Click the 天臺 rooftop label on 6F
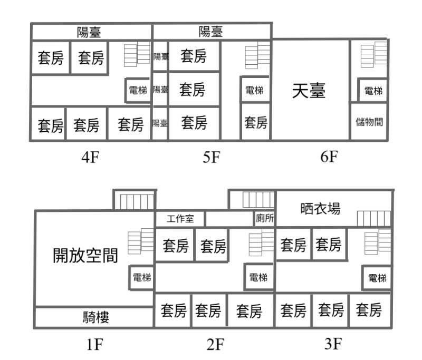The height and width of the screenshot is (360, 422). pyautogui.click(x=309, y=91)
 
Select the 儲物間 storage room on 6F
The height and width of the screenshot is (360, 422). pyautogui.click(x=369, y=122)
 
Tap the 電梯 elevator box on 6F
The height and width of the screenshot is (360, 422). pyautogui.click(x=373, y=91)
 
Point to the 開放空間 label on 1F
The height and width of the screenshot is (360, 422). pyautogui.click(x=85, y=255)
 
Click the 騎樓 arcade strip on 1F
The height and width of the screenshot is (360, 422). pyautogui.click(x=94, y=317)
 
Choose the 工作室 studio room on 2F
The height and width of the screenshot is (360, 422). pyautogui.click(x=180, y=219)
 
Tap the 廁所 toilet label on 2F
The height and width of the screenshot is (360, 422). pyautogui.click(x=265, y=218)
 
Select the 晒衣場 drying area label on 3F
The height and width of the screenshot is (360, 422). pyautogui.click(x=320, y=209)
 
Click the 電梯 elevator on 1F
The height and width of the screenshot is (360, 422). pyautogui.click(x=142, y=277)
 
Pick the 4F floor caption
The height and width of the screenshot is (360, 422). pyautogui.click(x=90, y=157)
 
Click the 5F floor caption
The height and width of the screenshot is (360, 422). pyautogui.click(x=212, y=157)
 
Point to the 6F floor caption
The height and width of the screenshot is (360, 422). pyautogui.click(x=329, y=156)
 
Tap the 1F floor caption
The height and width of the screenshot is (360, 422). pyautogui.click(x=95, y=344)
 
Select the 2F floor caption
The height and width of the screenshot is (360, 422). pyautogui.click(x=215, y=344)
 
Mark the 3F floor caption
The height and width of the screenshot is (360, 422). pyautogui.click(x=333, y=343)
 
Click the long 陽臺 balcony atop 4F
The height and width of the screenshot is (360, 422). pyautogui.click(x=91, y=32)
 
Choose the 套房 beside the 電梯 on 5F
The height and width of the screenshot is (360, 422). pyautogui.click(x=256, y=122)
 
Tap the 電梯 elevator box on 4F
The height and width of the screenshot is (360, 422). pyautogui.click(x=138, y=90)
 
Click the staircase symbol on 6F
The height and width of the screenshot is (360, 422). pyautogui.click(x=374, y=54)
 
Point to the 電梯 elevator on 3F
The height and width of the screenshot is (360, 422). pyautogui.click(x=377, y=278)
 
